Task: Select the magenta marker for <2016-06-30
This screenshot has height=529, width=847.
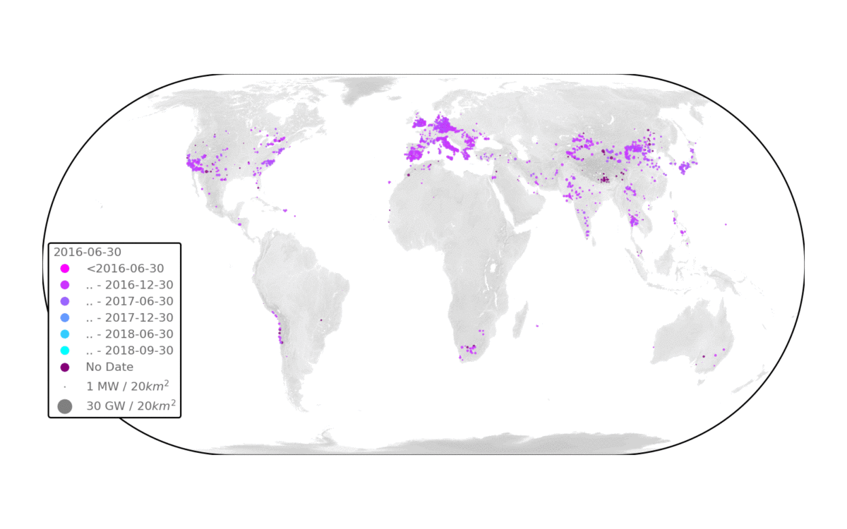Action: click(x=65, y=269)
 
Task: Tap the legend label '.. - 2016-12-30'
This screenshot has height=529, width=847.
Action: click(x=129, y=285)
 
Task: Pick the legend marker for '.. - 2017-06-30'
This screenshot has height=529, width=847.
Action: click(x=65, y=301)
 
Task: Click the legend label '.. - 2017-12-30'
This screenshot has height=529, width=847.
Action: click(x=129, y=317)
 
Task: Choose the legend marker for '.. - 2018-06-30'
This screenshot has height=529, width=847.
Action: click(x=65, y=334)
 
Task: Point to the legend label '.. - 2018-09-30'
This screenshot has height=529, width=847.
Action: click(x=129, y=351)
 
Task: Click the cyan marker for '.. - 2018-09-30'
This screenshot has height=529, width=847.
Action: click(x=65, y=351)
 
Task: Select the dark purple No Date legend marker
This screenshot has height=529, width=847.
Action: click(x=65, y=367)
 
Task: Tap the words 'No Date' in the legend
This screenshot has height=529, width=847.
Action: click(x=109, y=367)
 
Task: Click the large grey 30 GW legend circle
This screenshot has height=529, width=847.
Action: click(x=65, y=406)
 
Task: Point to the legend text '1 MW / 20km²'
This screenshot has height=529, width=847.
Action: click(x=127, y=387)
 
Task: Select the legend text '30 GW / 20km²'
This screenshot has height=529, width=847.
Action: click(x=131, y=406)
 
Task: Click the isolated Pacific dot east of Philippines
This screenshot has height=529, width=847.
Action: click(x=726, y=224)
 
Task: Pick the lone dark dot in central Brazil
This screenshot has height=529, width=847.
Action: click(x=321, y=320)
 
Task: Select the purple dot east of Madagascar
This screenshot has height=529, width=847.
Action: click(x=537, y=326)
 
